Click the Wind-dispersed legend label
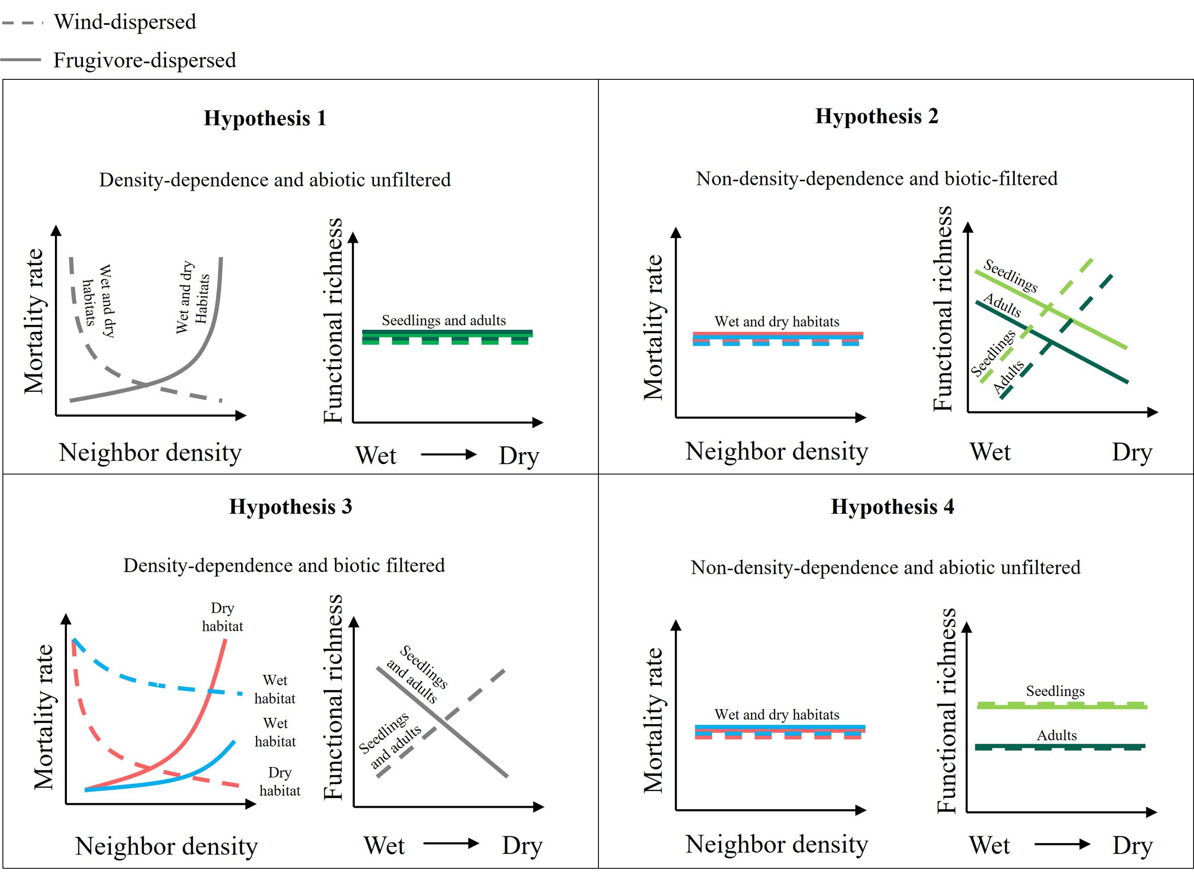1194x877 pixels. (x=125, y=22)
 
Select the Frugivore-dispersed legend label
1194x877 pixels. (x=144, y=60)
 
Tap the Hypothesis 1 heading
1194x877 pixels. (x=265, y=118)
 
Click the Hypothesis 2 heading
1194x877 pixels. (x=876, y=116)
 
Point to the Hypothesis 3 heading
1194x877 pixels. (x=290, y=507)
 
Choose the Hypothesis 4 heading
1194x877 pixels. (x=892, y=507)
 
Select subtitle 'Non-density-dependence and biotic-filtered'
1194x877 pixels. (x=876, y=178)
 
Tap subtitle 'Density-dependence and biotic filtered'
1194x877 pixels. (x=284, y=565)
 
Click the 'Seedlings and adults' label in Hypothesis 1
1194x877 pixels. (x=443, y=320)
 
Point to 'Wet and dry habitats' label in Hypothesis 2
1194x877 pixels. (x=777, y=321)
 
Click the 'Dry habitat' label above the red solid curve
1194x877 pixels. (x=222, y=617)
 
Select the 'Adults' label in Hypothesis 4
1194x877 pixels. (x=1056, y=735)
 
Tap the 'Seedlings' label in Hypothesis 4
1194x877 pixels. (x=1055, y=691)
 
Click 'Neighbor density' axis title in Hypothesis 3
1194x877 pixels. (x=166, y=846)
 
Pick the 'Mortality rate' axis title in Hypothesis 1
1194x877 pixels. (x=34, y=321)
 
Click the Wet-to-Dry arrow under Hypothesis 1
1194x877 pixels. (x=448, y=455)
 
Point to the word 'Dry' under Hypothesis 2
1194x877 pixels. (x=1131, y=452)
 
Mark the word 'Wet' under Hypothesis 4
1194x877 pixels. (x=989, y=845)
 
